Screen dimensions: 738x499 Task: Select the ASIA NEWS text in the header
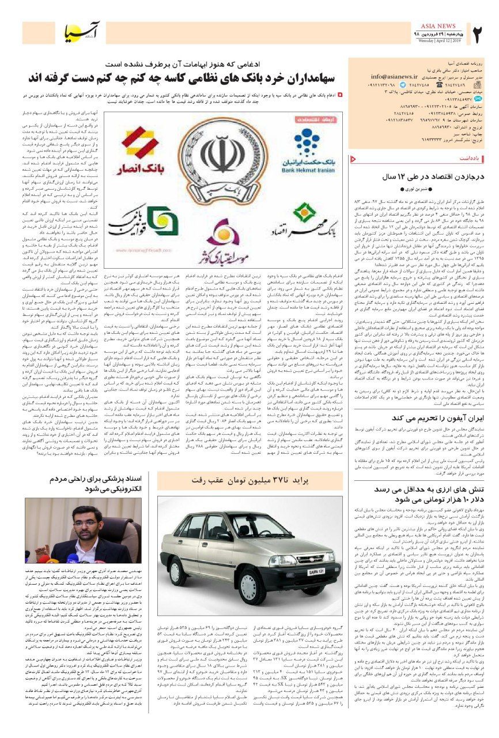[x=438, y=27]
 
